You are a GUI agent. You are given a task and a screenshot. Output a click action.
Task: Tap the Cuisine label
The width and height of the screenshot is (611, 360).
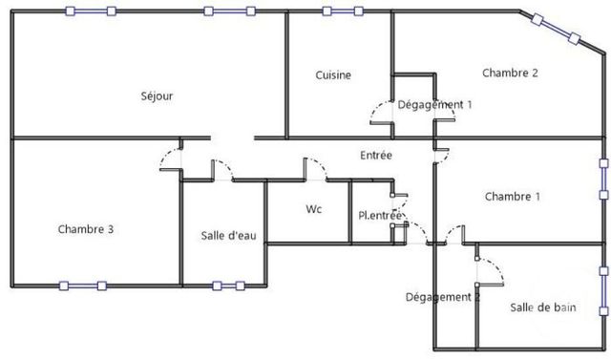click(333, 75)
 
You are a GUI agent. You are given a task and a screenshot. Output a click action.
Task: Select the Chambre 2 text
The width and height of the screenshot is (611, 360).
click(511, 73)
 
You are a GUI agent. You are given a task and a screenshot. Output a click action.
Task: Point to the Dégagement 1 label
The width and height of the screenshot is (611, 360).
click(435, 104)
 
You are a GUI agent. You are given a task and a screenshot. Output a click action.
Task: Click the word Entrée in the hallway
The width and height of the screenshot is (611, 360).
click(375, 155)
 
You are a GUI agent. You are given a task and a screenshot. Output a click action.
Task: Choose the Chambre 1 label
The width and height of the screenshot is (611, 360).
click(513, 197)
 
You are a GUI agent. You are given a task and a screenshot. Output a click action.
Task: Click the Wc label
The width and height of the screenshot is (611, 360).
click(313, 208)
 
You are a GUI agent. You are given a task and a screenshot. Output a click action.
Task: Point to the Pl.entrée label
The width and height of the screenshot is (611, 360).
click(379, 216)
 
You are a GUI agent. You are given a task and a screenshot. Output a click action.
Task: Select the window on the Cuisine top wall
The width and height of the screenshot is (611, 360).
click(342, 11)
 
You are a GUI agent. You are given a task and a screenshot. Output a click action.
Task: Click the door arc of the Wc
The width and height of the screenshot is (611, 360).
click(315, 170)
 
